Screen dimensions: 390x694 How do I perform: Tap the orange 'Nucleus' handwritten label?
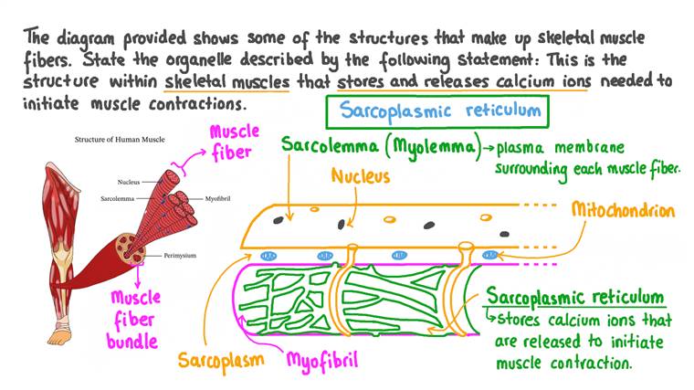pyautogui.click(x=360, y=174)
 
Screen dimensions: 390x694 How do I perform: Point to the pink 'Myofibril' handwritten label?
pyautogui.click(x=322, y=360)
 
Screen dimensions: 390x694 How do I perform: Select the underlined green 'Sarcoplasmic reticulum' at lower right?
pyautogui.click(x=574, y=298)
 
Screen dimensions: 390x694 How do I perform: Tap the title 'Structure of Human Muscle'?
pyautogui.click(x=115, y=141)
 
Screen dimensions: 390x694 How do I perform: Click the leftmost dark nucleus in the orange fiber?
pyautogui.click(x=342, y=223)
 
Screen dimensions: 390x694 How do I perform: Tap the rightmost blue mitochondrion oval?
pyautogui.click(x=492, y=256)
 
